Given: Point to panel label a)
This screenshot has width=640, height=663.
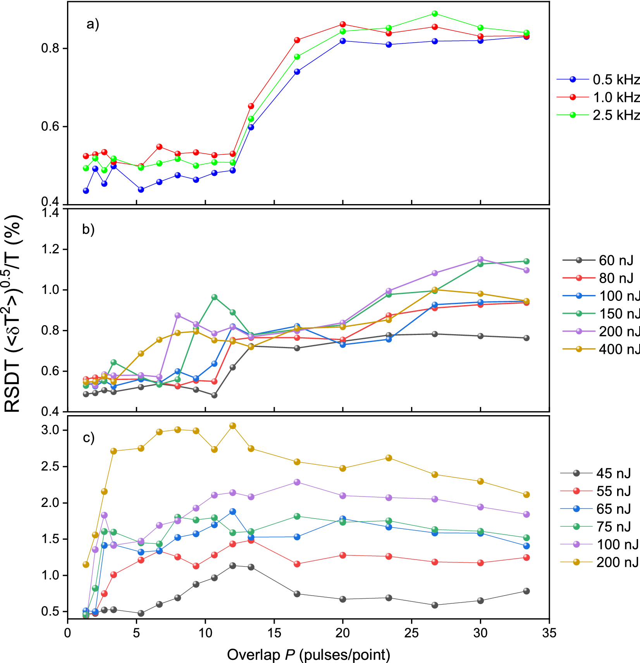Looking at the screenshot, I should click(93, 24).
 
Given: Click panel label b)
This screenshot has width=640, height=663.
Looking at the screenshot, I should click(88, 229).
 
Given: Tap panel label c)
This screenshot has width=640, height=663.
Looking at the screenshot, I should click(89, 438).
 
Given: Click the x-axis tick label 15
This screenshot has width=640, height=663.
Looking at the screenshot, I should click(274, 633).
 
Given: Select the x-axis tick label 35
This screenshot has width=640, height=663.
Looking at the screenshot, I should click(549, 633).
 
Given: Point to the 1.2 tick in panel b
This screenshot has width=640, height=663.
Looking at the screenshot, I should click(50, 249).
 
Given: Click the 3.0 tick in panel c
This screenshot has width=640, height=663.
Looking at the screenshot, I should click(50, 430).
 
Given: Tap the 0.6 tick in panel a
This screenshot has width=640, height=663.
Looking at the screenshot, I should click(50, 127).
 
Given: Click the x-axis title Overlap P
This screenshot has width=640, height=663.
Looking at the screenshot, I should click(308, 654).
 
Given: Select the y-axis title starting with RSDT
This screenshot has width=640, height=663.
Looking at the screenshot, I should click(14, 314).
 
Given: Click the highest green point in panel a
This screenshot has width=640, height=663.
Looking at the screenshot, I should click(435, 14).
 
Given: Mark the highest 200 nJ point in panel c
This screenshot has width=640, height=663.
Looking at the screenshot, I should click(233, 426).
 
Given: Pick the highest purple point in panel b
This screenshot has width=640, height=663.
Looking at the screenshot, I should click(480, 259).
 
